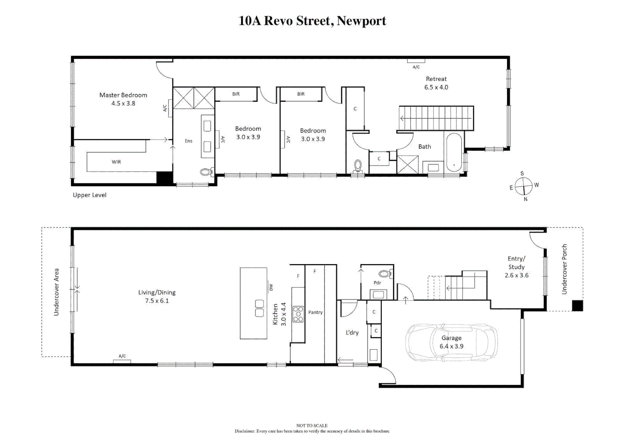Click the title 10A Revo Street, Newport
coord(312,21)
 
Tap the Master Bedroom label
coord(123,95)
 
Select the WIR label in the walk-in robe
coord(116,162)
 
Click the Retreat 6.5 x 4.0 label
coord(436,83)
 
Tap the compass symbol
coord(523,186)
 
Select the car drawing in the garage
coord(452,343)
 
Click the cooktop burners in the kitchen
coord(298,314)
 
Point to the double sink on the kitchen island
coord(259,308)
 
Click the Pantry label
coord(315,312)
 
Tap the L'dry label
coord(352,332)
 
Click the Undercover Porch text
coord(564,269)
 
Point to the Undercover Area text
coord(56,292)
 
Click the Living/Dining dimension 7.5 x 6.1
coord(157,301)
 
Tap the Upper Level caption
coord(89,195)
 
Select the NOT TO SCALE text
coord(312,425)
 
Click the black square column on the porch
coord(577,305)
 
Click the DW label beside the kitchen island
coord(271,287)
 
